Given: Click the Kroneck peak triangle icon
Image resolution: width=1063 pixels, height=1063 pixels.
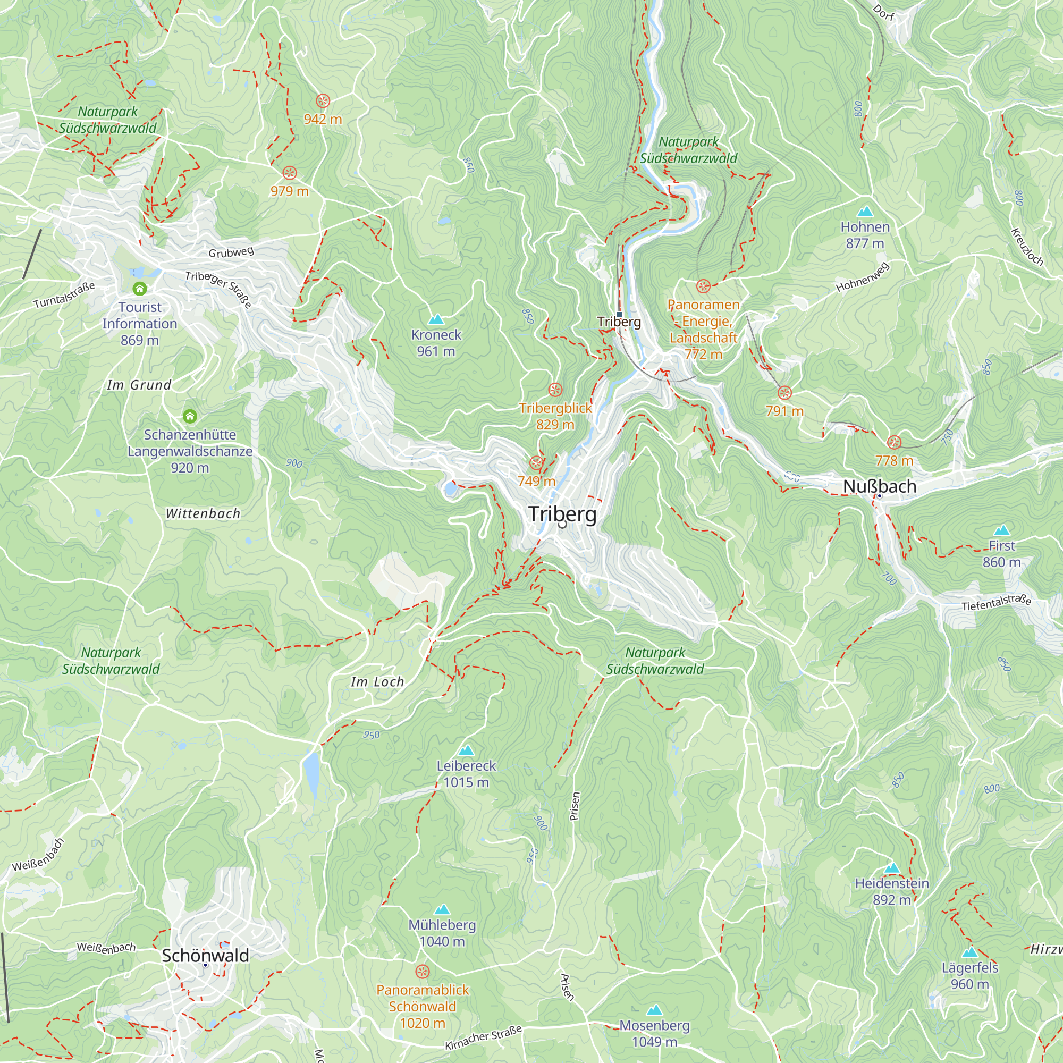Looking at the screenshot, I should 436,319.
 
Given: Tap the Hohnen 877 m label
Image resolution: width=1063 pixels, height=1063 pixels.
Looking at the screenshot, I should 865,235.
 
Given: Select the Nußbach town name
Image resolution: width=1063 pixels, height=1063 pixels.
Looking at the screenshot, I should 879,486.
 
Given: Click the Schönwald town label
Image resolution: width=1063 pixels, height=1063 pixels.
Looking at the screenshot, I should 205,955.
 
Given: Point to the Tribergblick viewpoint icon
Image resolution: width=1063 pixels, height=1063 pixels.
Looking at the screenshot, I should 555,390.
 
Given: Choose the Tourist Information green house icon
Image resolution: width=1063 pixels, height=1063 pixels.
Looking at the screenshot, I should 140,288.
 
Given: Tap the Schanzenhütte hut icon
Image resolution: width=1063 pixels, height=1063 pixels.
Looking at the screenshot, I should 190,416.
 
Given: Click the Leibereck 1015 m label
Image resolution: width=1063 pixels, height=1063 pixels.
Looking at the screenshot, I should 466,773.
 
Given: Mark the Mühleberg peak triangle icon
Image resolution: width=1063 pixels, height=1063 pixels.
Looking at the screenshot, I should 442,909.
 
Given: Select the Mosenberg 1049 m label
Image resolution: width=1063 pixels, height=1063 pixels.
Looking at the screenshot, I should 654,1033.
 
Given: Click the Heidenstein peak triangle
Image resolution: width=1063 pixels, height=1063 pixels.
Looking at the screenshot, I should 892,868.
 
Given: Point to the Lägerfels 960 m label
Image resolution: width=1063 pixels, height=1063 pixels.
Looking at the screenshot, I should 969,975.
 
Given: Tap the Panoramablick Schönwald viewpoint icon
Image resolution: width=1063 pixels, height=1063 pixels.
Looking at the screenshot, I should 422,971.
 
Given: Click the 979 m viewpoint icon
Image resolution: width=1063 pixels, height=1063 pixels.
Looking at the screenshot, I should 290,173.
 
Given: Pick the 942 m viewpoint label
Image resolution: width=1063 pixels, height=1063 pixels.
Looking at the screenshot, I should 323,119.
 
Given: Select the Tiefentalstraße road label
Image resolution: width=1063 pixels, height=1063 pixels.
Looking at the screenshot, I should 996,603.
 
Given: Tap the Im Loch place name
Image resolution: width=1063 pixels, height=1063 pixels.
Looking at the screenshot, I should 377,682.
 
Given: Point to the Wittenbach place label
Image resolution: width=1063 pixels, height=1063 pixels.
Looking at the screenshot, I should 203,513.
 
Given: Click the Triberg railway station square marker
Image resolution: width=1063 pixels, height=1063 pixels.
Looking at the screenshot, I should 619,315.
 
